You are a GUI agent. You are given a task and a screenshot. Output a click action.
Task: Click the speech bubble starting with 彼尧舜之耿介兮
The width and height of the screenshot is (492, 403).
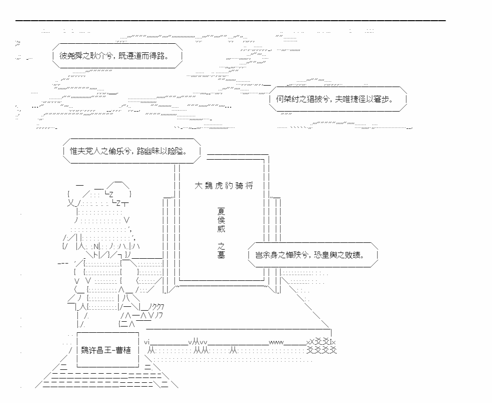tap(117, 56)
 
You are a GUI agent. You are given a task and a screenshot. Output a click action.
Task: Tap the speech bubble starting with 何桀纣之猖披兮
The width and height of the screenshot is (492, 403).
tap(338, 99)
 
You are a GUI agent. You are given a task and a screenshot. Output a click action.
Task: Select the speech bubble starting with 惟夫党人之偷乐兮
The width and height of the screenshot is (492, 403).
tap(132, 151)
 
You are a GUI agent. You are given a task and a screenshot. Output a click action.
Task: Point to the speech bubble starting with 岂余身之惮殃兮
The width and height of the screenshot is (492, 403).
tap(313, 255)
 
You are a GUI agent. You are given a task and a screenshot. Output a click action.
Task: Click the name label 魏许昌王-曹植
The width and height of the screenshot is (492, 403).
tap(106, 350)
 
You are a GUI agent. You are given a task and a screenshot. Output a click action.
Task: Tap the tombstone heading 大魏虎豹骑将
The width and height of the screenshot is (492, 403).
tap(224, 186)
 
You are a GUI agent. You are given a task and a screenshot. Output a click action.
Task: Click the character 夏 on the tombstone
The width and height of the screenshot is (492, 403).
tap(221, 212)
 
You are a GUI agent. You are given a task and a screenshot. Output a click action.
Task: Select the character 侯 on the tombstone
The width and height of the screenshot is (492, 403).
tap(221, 220)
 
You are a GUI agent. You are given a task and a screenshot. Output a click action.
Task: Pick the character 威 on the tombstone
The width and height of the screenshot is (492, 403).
tap(221, 228)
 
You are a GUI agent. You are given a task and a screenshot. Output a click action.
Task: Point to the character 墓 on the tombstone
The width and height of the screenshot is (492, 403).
tap(221, 254)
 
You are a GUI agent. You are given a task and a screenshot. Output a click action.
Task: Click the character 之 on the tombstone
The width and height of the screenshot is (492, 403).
tap(221, 246)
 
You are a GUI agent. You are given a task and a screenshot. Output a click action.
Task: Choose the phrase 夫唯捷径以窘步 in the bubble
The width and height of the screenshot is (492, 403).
tap(364, 99)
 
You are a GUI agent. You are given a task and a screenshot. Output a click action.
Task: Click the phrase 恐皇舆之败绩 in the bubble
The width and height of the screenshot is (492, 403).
tap(339, 255)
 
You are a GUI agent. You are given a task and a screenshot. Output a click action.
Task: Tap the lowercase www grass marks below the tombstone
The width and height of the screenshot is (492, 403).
tap(276, 342)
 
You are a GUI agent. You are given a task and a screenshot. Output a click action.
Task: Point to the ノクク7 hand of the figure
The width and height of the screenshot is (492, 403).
tap(156, 306)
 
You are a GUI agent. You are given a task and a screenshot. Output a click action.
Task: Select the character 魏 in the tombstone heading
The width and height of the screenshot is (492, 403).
tap(209, 186)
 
